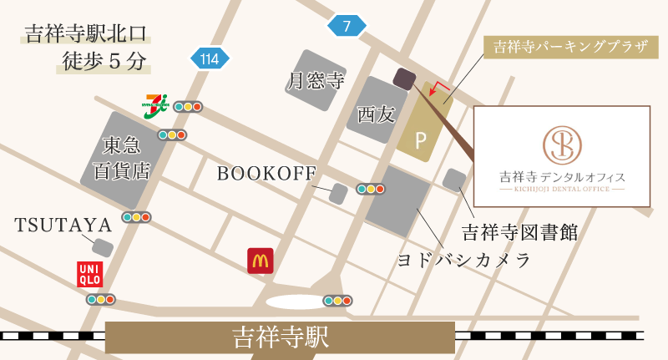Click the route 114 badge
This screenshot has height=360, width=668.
point(210,58)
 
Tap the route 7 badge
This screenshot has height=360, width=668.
point(347,26)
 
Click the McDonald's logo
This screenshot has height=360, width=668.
point(261,261)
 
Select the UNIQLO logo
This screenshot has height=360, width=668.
point(90,274)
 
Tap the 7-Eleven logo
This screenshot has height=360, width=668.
point(156,106)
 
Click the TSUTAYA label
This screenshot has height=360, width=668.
point(63,225)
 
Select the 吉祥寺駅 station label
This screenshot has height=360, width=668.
point(280,337)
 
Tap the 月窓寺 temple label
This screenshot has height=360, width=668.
point(316,81)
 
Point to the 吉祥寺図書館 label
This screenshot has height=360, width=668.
point(520,231)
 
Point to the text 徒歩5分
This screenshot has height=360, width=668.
point(104,62)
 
